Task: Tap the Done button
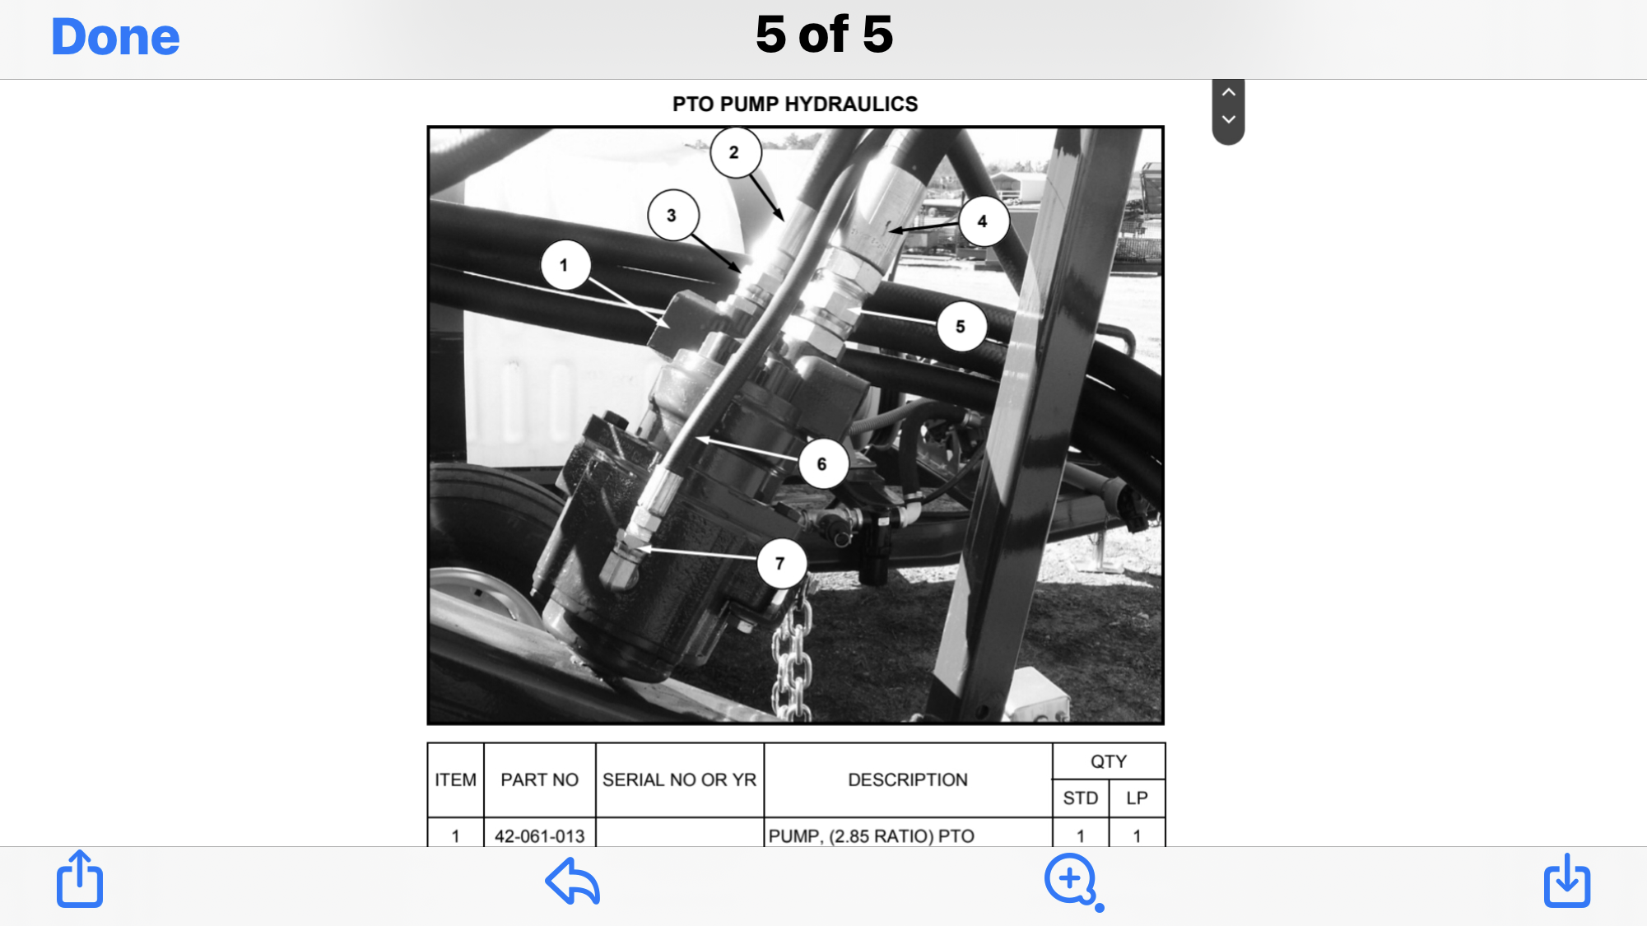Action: click(115, 37)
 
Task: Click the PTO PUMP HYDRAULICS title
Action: click(794, 104)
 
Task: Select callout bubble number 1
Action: click(565, 265)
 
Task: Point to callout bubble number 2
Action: click(734, 152)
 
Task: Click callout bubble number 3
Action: click(672, 216)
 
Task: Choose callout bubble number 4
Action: click(983, 221)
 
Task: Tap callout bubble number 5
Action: click(961, 327)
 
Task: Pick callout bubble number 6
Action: click(821, 464)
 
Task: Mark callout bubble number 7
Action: click(780, 564)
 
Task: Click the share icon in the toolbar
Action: click(80, 880)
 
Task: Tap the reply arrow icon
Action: click(573, 881)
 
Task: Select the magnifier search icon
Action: click(1072, 881)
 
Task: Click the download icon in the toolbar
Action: click(1566, 880)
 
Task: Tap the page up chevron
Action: click(1228, 92)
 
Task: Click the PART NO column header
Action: click(539, 779)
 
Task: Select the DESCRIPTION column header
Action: click(907, 779)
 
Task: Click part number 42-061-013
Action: click(539, 835)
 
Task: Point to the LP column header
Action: click(1137, 798)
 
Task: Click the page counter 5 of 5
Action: click(824, 35)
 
